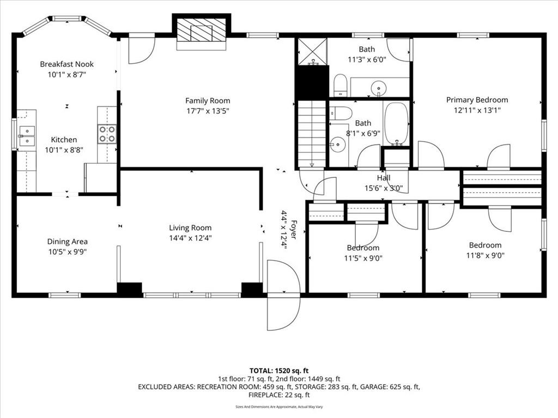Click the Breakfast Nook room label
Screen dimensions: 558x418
66,64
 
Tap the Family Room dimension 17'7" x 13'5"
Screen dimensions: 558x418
208,111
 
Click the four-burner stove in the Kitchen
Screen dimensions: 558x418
107,134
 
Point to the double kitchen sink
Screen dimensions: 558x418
27,136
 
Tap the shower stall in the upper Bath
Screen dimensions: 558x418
312,52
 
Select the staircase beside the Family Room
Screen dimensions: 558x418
312,134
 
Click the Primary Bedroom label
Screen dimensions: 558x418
477,100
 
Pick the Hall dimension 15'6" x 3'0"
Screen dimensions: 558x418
384,188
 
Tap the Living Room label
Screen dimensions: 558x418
190,228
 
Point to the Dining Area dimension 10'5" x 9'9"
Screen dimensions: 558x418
68,252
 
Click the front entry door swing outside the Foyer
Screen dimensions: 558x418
284,295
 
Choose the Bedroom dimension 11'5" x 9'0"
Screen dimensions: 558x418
363,258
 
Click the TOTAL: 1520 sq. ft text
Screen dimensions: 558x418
279,371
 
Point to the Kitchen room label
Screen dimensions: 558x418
64,140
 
